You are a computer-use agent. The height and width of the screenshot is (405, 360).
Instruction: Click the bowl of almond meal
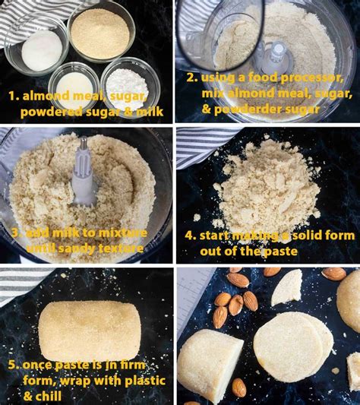pyautogui.click(x=100, y=32)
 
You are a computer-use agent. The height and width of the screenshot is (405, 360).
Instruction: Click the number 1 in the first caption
pyautogui.click(x=12, y=96)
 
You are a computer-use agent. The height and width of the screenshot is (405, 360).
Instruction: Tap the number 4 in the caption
pyautogui.click(x=190, y=236)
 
